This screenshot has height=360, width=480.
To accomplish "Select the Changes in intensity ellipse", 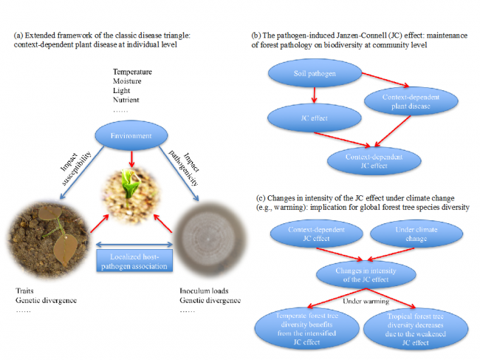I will tap(360, 274).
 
